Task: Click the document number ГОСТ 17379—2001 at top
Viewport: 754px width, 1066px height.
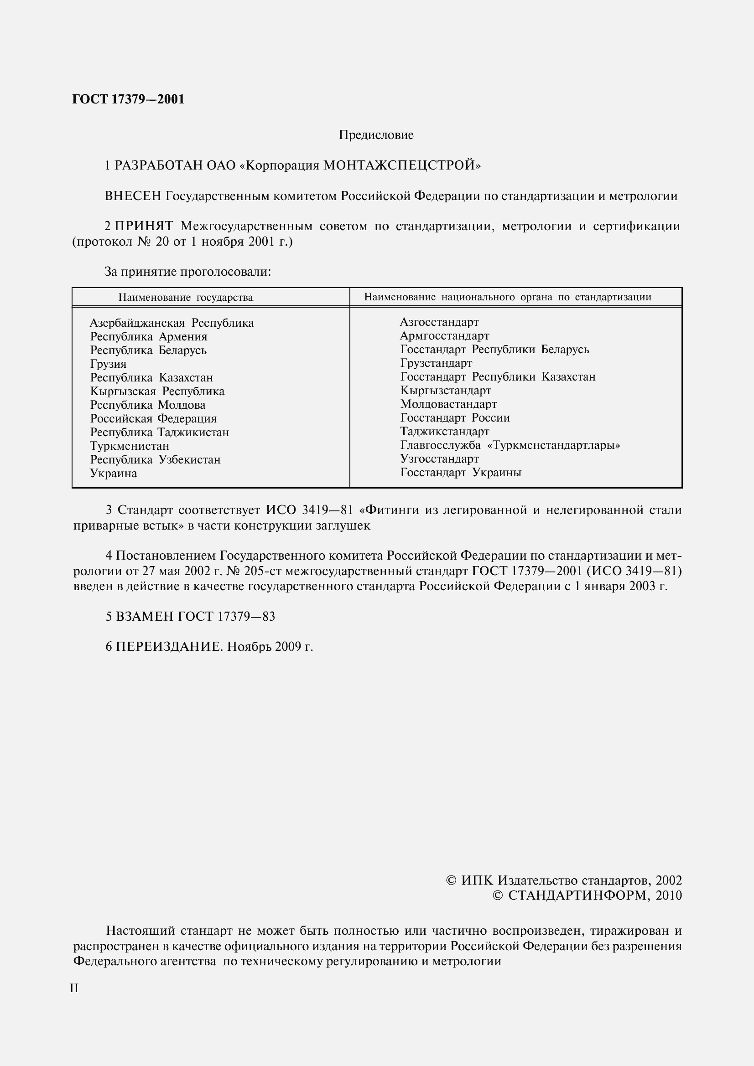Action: (x=128, y=99)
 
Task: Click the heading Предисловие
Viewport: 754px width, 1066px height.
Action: (x=376, y=135)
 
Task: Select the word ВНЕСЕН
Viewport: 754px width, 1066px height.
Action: (x=133, y=196)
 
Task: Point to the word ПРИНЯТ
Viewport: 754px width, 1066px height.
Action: (x=144, y=226)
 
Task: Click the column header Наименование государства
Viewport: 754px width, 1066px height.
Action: (x=185, y=298)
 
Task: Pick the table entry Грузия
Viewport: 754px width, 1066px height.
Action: (x=108, y=364)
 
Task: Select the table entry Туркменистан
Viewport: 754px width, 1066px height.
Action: (x=130, y=446)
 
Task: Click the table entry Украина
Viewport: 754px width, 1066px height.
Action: (x=114, y=474)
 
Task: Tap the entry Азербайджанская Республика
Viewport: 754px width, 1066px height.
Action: (x=172, y=323)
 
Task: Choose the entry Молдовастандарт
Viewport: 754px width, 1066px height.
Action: (x=448, y=404)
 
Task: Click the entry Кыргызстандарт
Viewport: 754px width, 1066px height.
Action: (x=446, y=391)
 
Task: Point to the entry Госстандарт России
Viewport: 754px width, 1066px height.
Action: (x=455, y=418)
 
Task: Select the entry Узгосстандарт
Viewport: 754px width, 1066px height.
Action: (x=439, y=459)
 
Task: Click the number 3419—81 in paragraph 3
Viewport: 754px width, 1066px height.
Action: (x=328, y=510)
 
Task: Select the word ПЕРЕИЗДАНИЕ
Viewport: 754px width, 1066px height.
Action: (x=169, y=647)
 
